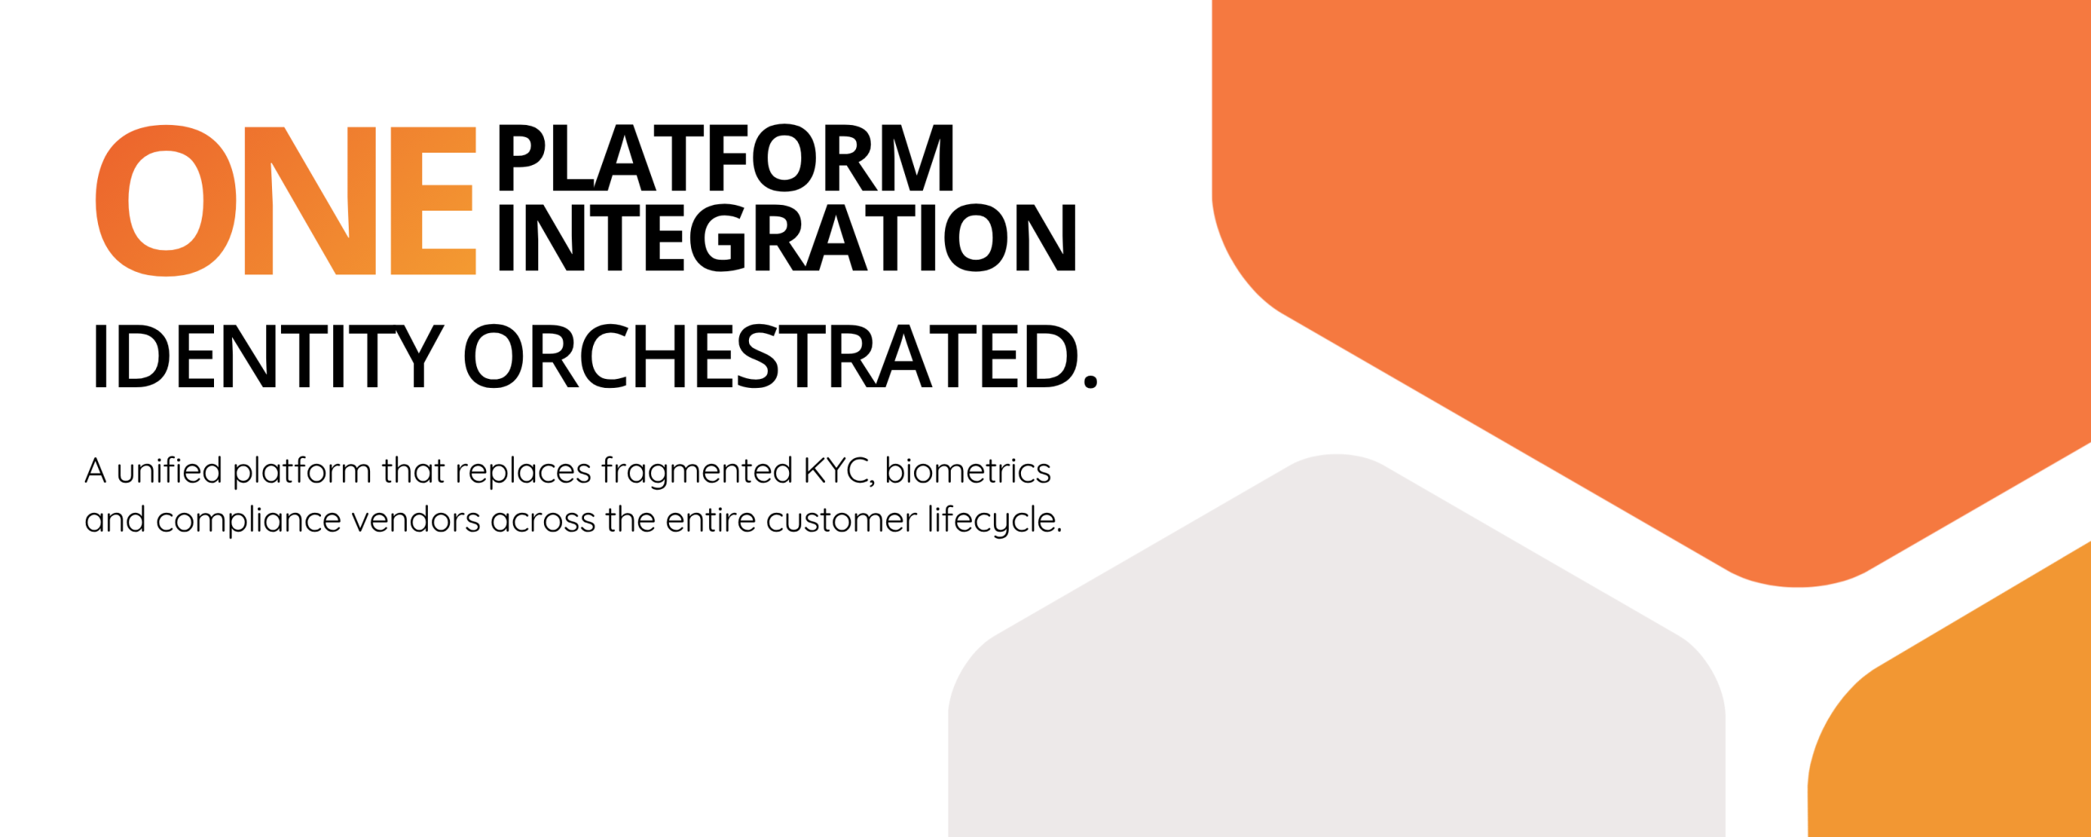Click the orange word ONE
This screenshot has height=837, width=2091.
click(x=286, y=201)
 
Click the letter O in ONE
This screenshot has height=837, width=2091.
click(x=166, y=201)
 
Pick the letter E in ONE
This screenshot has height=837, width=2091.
click(x=433, y=201)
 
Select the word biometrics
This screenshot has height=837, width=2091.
click(x=968, y=470)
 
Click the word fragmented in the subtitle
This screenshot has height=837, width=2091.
click(x=697, y=472)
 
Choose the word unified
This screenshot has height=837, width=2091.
click(x=169, y=470)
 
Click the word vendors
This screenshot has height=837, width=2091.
click(x=416, y=520)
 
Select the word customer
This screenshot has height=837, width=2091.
click(x=841, y=521)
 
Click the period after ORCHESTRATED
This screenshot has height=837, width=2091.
click(x=1090, y=381)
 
